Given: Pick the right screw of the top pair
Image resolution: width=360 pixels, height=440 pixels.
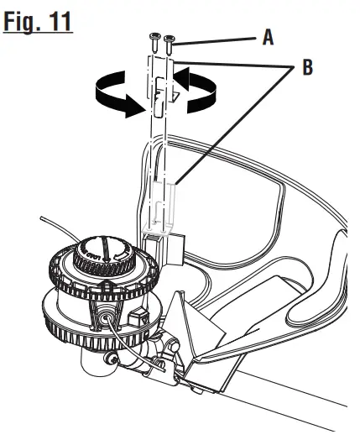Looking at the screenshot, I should tap(170, 39).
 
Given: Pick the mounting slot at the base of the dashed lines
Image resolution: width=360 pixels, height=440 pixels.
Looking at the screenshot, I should tap(163, 236).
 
